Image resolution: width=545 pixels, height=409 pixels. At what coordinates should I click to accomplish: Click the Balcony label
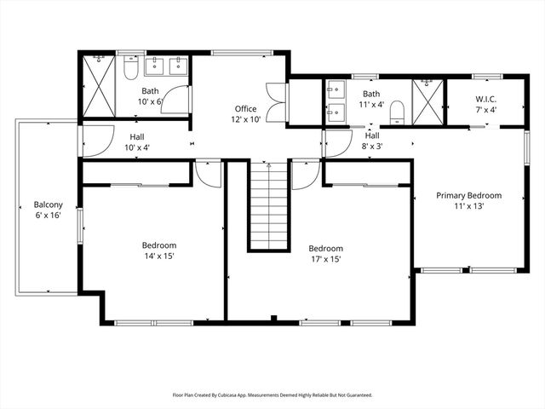[48, 204]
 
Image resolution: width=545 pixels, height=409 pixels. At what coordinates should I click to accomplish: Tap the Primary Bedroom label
[468, 195]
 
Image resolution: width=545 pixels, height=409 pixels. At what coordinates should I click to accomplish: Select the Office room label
[246, 109]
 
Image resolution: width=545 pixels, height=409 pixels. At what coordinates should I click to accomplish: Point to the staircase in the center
[270, 204]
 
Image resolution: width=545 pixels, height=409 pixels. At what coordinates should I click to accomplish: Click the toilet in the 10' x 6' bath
[130, 68]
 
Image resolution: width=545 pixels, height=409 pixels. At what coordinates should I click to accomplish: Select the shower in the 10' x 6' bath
[100, 85]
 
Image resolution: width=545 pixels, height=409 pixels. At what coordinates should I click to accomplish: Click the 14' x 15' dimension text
[158, 256]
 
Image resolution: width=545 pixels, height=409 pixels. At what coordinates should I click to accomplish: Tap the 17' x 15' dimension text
[324, 260]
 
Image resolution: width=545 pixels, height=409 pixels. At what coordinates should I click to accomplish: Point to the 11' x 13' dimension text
[468, 206]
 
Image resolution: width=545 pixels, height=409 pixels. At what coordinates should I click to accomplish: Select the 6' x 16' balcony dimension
[48, 216]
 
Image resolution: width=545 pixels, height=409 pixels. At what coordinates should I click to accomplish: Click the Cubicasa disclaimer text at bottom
[272, 395]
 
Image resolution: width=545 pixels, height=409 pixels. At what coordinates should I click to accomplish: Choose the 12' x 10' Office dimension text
[246, 120]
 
